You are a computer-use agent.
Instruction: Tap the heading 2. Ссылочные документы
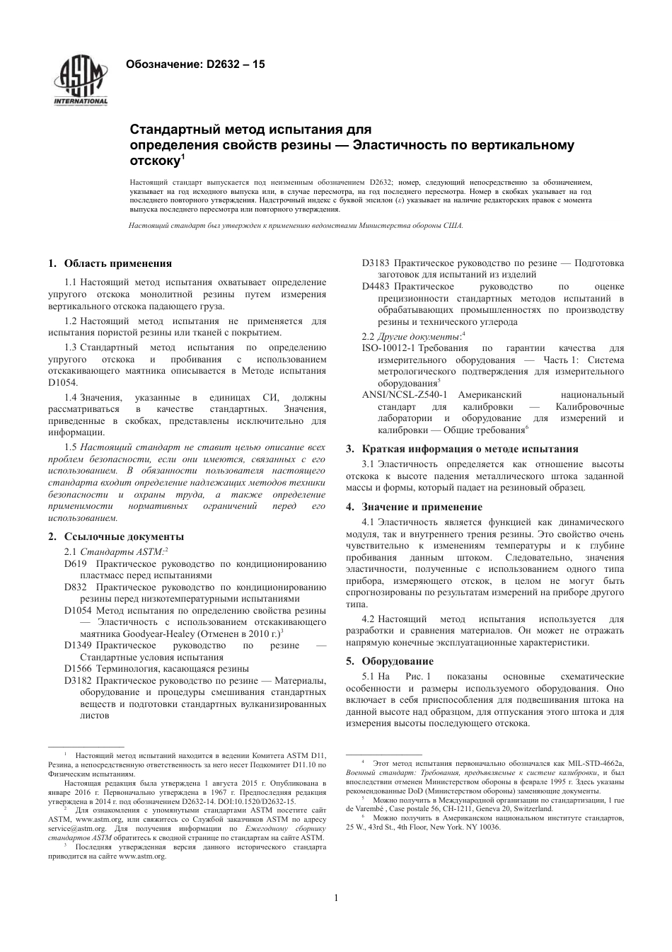116,537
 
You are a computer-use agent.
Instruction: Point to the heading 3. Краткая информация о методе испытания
462,449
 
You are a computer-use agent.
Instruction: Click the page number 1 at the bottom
336,898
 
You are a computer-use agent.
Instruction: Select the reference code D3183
376,263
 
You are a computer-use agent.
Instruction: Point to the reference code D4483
376,287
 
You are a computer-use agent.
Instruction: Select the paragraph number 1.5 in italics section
70,447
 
